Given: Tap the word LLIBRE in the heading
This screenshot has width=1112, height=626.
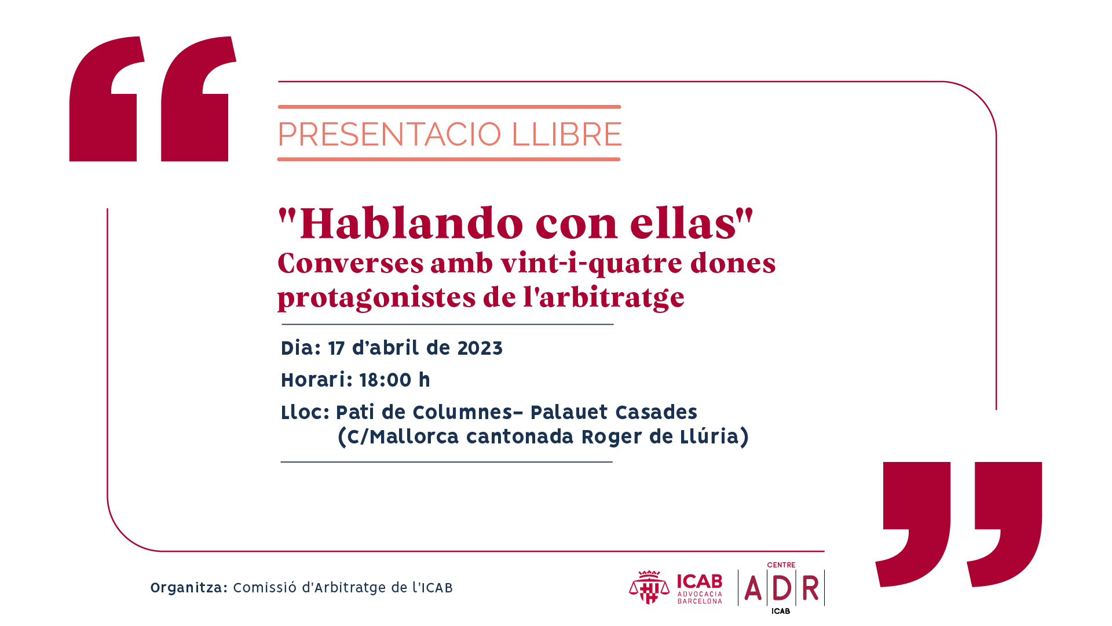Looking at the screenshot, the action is [566, 134].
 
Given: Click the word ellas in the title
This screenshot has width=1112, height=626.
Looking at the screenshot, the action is [683, 223].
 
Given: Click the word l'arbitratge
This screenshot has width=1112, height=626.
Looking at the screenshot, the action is [604, 298].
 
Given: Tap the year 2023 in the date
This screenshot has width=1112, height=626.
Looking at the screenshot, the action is [480, 348].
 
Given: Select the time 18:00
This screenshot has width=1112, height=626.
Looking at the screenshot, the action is [386, 380].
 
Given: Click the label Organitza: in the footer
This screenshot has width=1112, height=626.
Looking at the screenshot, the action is [189, 588].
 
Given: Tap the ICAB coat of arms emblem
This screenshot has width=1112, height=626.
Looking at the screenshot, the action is [649, 587].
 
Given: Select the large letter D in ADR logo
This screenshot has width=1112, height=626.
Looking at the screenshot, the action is [781, 588].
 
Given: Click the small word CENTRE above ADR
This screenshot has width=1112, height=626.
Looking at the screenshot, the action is [781, 565].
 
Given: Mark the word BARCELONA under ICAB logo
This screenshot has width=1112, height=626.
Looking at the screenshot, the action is [700, 601].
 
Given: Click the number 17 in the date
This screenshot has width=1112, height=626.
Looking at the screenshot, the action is [336, 348].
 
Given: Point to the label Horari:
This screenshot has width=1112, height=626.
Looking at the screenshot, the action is [317, 380].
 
